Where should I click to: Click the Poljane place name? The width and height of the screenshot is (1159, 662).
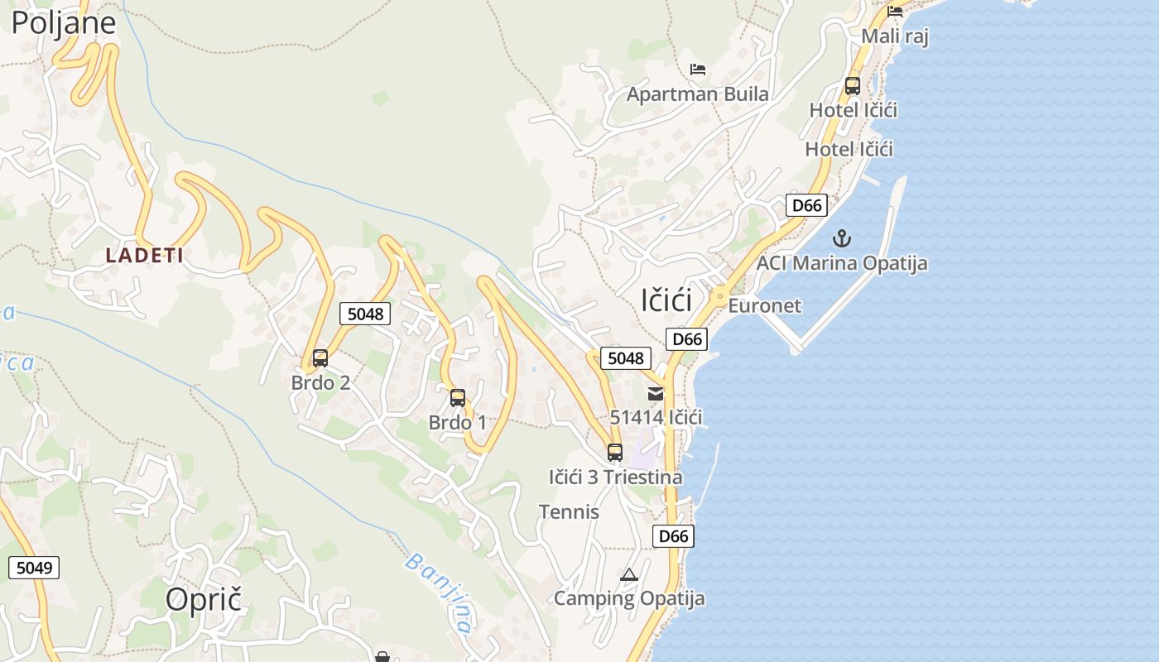(63, 23)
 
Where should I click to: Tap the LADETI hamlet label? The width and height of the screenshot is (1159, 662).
(145, 255)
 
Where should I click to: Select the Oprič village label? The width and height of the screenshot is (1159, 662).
(204, 599)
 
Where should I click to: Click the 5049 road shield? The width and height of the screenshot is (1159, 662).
(34, 568)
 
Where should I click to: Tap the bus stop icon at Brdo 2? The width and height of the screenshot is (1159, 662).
(320, 358)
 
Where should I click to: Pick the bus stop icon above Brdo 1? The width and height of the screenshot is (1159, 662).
(458, 398)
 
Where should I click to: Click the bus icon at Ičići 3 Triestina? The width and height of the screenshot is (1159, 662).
(614, 453)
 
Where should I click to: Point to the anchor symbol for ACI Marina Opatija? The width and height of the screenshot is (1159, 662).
(841, 239)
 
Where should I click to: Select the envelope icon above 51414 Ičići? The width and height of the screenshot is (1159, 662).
(656, 394)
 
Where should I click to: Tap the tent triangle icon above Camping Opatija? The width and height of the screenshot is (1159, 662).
(629, 574)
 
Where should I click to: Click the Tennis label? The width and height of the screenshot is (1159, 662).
(569, 511)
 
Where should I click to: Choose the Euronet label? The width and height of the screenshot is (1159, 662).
(765, 305)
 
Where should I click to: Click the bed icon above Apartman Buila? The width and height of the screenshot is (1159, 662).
(698, 70)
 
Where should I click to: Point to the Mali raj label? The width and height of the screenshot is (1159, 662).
(895, 36)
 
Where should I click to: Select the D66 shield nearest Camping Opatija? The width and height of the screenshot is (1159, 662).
(674, 536)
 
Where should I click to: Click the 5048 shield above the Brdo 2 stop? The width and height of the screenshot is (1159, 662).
(365, 314)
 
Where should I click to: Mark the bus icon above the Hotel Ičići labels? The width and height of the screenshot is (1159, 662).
(852, 85)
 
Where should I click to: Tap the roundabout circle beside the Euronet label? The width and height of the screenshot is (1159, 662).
(719, 295)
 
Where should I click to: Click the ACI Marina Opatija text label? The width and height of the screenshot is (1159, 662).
(842, 263)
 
